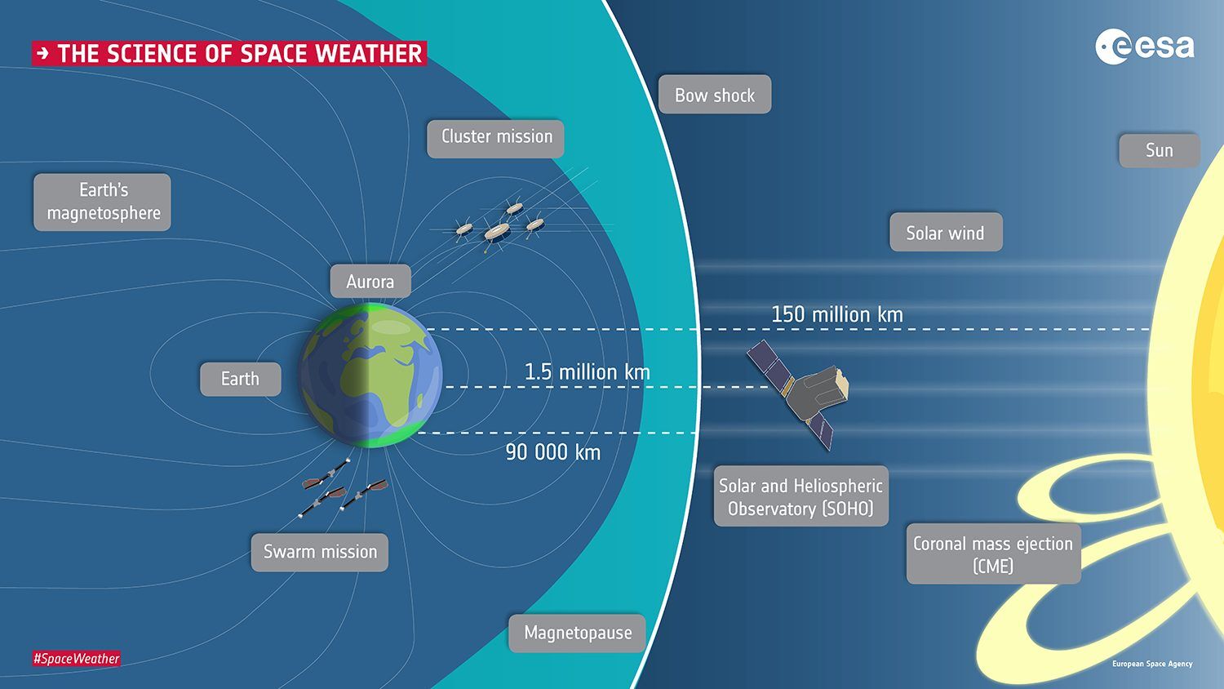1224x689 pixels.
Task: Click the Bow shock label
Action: (x=715, y=95)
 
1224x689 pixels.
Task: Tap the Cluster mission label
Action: (x=496, y=137)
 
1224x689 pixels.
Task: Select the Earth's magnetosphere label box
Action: (x=103, y=202)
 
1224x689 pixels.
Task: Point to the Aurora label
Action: (x=370, y=282)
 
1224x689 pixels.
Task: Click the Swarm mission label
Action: (x=320, y=552)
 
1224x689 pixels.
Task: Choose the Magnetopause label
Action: (x=578, y=633)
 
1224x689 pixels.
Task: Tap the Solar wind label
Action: (x=946, y=233)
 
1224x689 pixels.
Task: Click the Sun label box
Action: (x=1159, y=150)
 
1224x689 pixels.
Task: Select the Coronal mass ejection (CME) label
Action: (x=993, y=554)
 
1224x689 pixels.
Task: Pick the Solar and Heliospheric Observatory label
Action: (x=800, y=496)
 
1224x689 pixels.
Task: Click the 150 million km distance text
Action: (x=837, y=314)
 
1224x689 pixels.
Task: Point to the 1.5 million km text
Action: (x=587, y=372)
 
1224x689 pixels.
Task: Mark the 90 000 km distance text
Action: (x=552, y=452)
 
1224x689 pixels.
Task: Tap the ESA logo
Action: (x=1144, y=47)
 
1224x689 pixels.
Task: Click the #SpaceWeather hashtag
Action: (x=77, y=659)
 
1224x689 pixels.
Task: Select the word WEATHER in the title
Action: (x=369, y=54)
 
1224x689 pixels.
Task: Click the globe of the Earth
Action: (x=371, y=376)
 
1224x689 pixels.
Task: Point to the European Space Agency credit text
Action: (x=1152, y=664)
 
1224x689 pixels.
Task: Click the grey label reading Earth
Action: (x=241, y=379)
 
